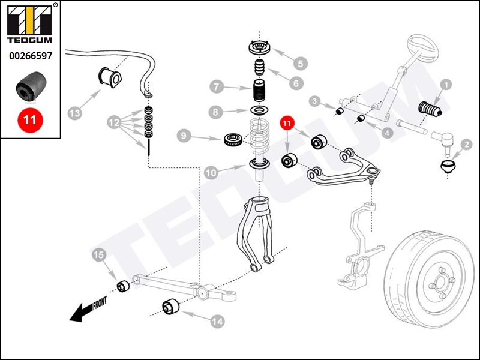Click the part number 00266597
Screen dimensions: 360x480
[30, 56]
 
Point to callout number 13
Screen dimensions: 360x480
[74, 112]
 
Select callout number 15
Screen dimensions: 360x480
[99, 256]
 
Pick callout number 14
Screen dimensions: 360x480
[217, 322]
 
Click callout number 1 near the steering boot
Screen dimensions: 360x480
[445, 85]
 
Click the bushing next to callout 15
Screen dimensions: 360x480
[124, 286]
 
